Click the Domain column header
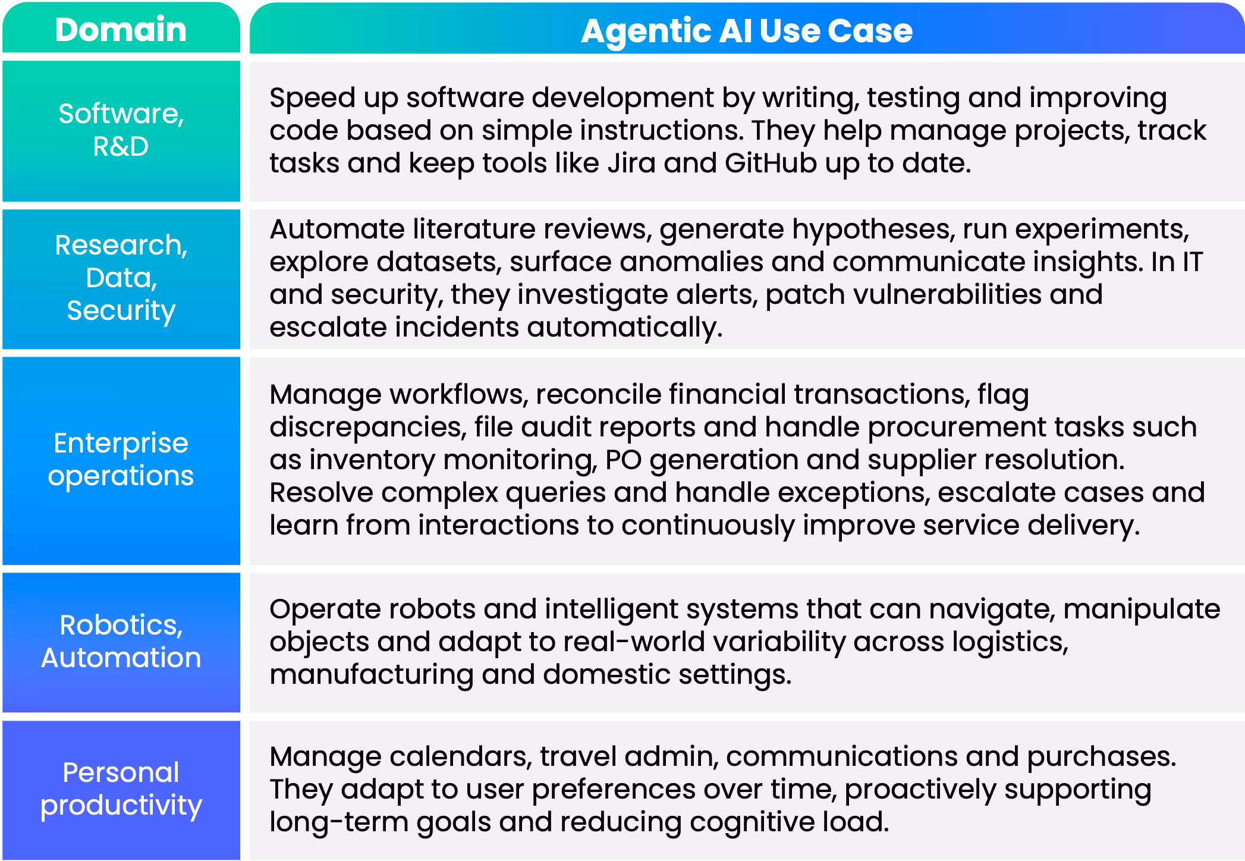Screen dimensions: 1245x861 point(121,30)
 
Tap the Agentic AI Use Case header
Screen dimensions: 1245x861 point(746,31)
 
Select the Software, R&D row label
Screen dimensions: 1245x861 point(121,130)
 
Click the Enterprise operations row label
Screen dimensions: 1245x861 point(121,459)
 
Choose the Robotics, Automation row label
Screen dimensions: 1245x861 point(121,641)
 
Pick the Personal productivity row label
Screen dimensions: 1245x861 point(121,788)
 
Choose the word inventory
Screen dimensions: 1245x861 point(372,460)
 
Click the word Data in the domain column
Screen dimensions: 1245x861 point(121,278)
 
